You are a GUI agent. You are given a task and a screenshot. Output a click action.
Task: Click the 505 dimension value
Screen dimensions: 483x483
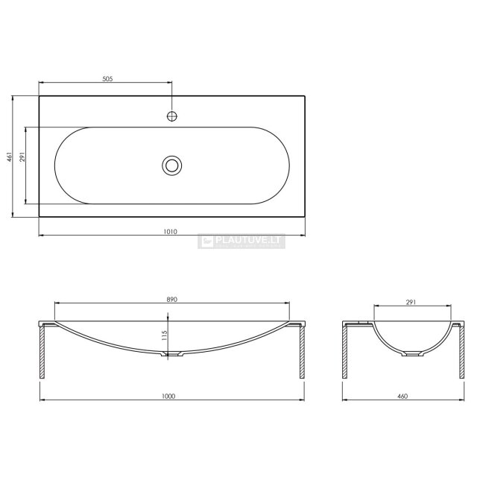point(107,78)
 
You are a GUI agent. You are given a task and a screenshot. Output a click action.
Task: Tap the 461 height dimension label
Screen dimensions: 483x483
point(10,157)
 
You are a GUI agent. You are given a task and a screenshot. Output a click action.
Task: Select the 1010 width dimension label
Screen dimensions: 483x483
point(170,231)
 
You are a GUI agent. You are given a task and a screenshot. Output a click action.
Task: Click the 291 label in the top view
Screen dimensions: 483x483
point(22,157)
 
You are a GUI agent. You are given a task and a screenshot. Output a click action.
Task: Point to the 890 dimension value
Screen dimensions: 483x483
point(172,299)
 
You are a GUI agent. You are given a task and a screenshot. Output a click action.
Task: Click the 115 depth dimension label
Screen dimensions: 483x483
point(164,335)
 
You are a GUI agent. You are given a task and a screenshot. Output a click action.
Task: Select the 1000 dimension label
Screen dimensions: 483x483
point(168,396)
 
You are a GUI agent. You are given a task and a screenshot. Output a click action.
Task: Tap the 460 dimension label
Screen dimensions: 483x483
point(402,396)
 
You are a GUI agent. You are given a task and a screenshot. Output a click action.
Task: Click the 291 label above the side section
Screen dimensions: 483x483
point(411,302)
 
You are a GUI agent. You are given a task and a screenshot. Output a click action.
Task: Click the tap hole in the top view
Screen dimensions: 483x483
point(172,116)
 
